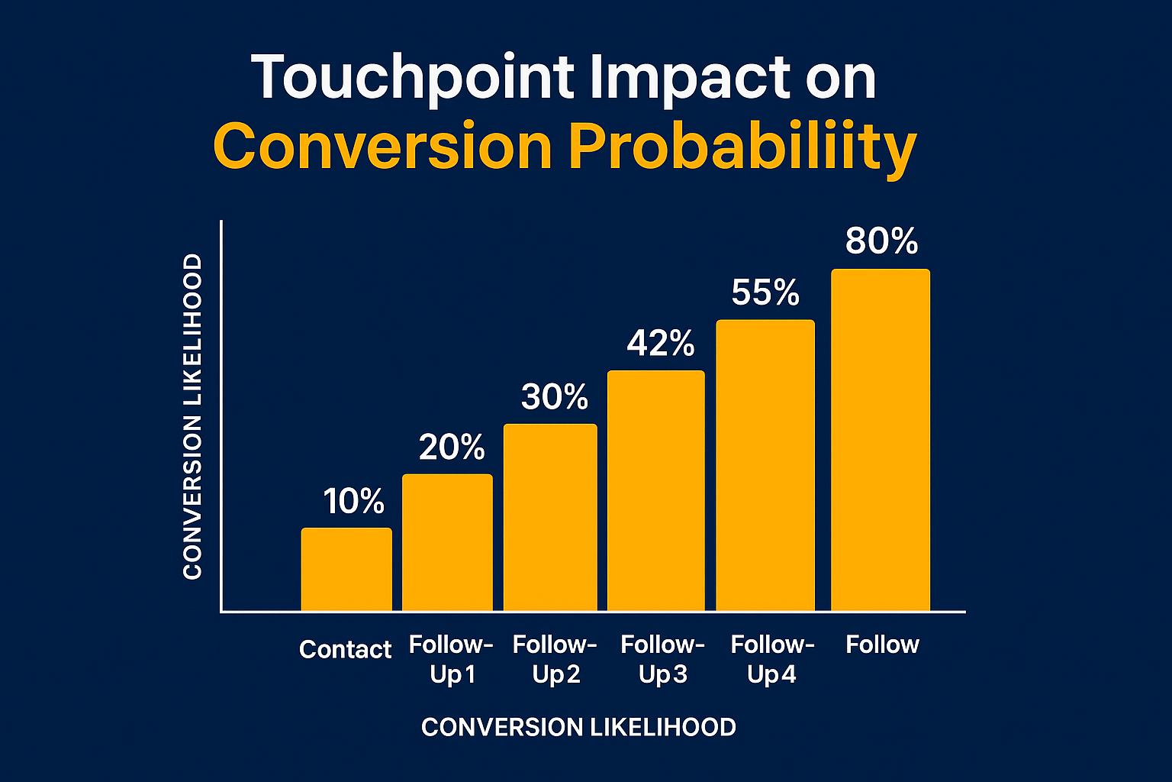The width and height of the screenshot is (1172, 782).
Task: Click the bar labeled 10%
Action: point(346,569)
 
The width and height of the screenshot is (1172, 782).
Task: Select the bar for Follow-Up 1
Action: point(447,542)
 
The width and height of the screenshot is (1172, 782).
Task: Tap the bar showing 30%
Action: point(550,517)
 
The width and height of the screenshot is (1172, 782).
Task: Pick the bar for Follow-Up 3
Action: point(655,490)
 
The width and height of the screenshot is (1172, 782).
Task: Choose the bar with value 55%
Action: point(765,465)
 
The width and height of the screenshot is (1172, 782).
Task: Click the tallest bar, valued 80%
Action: point(881,440)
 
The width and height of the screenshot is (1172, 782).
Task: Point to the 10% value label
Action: point(353,502)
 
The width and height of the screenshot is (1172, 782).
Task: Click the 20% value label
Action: point(452,448)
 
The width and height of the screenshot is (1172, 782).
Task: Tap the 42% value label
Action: point(661,344)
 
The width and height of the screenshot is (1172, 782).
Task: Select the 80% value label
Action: point(882,241)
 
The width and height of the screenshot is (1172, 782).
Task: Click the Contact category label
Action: point(345,649)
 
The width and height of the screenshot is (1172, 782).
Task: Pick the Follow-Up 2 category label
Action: point(555,659)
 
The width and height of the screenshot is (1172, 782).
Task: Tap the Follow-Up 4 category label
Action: point(772,659)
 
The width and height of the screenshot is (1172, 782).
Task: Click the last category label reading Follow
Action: point(882,645)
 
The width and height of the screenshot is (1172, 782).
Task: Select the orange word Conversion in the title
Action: point(382,147)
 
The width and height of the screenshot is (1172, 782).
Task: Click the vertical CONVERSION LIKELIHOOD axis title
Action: point(193,417)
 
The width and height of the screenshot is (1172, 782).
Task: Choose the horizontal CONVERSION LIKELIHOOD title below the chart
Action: point(578,727)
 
